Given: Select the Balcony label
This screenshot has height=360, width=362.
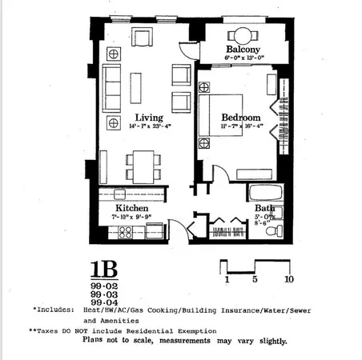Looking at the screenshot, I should click(x=241, y=36).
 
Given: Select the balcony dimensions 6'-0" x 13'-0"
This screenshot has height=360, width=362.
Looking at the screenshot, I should click(x=241, y=46).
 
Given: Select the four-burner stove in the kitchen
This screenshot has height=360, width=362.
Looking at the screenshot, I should click(x=126, y=233).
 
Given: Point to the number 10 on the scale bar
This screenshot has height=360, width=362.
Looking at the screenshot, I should click(x=288, y=280).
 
